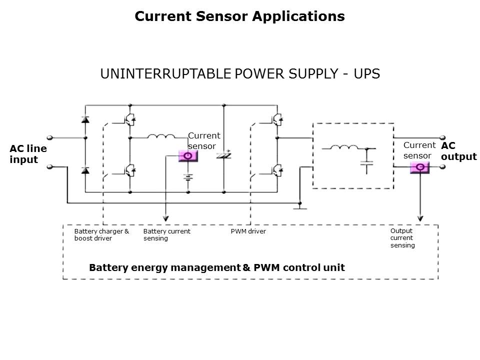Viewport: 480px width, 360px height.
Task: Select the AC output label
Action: coord(458,151)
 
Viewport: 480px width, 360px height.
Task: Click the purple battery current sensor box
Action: coord(188,156)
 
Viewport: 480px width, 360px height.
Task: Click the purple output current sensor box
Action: coord(420,167)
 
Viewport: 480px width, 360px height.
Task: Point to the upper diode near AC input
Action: coord(85,120)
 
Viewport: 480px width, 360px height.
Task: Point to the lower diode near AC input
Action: coord(85,170)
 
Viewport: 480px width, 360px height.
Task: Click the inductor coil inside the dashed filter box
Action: coord(344,147)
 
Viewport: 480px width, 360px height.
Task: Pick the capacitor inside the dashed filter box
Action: coord(367,163)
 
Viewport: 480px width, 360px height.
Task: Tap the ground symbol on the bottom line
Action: coord(299,206)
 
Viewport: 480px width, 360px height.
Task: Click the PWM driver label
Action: coord(248,231)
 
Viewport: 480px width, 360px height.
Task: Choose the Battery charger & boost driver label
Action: coord(101,235)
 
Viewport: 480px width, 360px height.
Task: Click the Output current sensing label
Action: coord(402,238)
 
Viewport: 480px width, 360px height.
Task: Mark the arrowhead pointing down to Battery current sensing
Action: coord(166,218)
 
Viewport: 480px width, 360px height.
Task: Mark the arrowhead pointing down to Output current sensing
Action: coord(420,218)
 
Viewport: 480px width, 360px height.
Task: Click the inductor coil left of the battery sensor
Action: coord(160,136)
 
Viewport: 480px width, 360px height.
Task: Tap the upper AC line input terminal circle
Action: coord(49,137)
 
